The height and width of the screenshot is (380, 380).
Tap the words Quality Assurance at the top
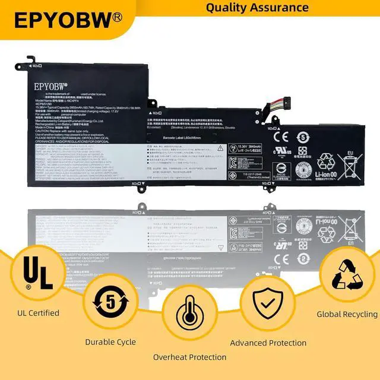coord(257,7)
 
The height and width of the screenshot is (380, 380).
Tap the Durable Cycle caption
coord(110,342)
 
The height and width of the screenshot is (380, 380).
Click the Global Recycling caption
coord(347,314)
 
